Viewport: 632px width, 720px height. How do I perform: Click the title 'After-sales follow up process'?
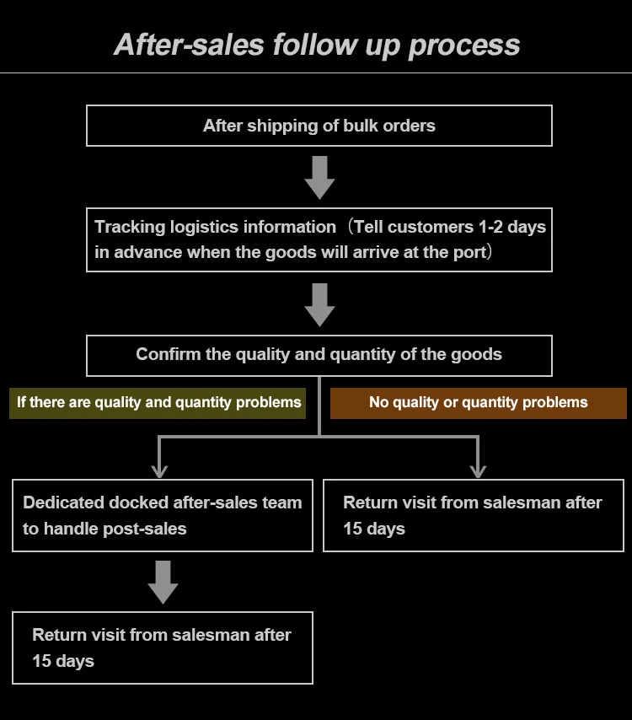click(x=316, y=44)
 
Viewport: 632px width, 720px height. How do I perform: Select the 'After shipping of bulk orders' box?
click(x=319, y=126)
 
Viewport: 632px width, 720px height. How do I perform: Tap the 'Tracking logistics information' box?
click(x=319, y=239)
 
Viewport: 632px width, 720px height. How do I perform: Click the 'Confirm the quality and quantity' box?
click(x=319, y=355)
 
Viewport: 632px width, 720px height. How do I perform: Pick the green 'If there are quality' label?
click(x=158, y=402)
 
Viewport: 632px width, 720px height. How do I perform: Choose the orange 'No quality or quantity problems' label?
click(x=478, y=402)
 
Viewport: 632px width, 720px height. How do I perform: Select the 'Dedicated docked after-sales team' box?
click(x=162, y=515)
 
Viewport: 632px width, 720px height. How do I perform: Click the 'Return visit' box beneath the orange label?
click(x=473, y=515)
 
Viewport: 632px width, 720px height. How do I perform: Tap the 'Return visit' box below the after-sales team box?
click(x=162, y=647)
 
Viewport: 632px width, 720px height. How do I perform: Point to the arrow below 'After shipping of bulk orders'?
click(x=319, y=176)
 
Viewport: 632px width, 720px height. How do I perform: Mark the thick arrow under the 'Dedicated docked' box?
click(x=163, y=582)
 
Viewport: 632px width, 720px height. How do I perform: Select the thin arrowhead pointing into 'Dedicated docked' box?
click(x=159, y=470)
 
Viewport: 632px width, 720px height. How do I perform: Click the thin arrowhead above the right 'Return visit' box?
click(x=478, y=470)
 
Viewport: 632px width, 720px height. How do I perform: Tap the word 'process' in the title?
click(x=464, y=44)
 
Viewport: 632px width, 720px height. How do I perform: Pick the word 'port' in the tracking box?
click(x=470, y=252)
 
